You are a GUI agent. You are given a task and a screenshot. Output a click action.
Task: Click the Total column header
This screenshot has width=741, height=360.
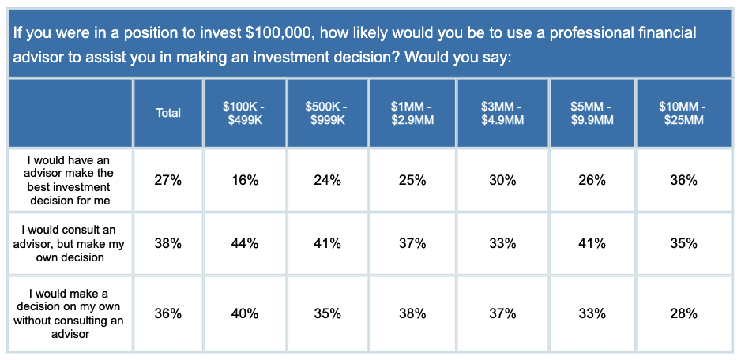168,114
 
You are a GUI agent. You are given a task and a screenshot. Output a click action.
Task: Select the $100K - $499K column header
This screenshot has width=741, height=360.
245,114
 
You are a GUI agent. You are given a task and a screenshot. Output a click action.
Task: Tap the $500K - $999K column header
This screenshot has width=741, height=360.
328,114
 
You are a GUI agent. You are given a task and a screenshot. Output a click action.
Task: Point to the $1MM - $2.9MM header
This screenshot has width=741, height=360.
412,114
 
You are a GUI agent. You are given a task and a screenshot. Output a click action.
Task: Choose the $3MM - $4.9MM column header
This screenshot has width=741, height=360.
502,114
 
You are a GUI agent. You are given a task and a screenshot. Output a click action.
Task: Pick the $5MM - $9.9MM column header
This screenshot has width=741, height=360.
592,114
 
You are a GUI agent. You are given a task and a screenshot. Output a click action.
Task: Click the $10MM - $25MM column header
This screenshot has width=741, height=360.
684,114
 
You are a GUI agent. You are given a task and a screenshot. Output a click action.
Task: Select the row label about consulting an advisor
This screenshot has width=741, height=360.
70,243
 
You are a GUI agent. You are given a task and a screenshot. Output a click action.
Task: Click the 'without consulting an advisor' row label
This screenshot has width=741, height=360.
70,313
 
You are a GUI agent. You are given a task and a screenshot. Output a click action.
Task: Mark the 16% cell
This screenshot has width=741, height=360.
245,181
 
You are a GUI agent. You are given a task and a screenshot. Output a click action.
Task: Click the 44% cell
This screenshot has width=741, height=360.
245,244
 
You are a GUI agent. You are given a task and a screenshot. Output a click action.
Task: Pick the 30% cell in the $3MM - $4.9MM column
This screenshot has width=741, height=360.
502,181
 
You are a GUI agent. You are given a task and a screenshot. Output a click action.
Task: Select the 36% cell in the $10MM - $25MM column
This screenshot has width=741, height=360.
684,181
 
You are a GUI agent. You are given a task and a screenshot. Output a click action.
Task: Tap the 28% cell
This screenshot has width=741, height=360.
684,314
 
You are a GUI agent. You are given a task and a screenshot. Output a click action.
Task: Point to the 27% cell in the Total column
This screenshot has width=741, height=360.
168,181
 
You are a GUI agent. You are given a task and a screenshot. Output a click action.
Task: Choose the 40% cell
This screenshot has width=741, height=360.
245,314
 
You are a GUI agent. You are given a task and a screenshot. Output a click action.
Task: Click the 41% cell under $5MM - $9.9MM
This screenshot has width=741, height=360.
592,244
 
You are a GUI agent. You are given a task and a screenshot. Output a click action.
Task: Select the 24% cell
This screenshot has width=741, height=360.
328,181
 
